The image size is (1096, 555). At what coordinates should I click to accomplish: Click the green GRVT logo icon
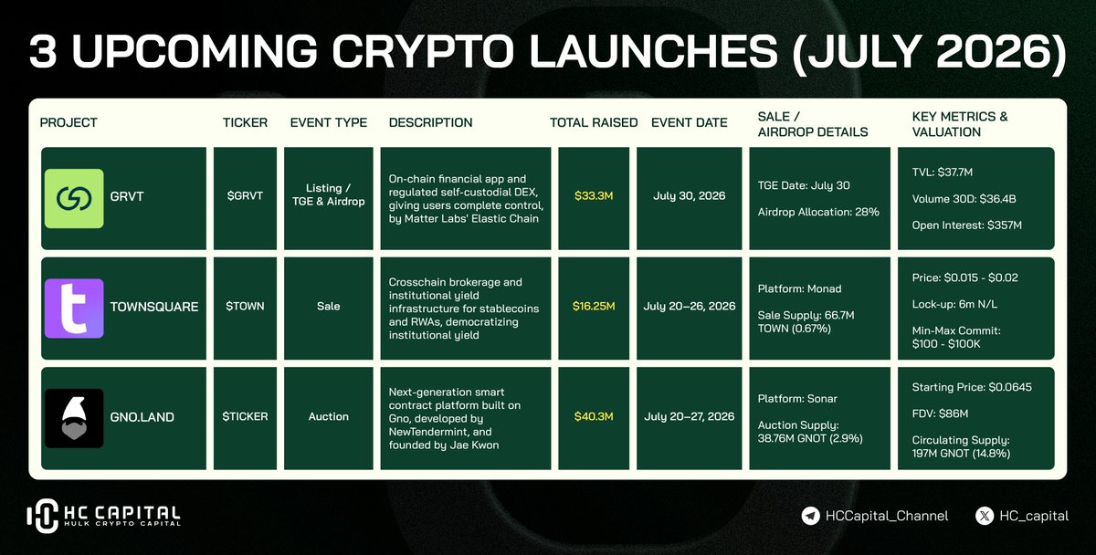click(74, 198)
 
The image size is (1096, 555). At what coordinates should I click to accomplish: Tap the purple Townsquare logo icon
click(74, 309)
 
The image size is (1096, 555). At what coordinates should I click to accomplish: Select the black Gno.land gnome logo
click(74, 419)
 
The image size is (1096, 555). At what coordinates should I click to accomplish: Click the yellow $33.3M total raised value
click(594, 196)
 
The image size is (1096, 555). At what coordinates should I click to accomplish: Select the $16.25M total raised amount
click(594, 306)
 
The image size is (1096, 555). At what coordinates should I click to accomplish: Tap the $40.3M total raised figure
click(594, 416)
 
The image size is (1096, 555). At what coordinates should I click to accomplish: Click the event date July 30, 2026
click(689, 196)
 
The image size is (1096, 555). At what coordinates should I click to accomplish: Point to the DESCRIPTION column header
click(430, 122)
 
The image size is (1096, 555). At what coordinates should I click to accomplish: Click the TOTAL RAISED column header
click(594, 122)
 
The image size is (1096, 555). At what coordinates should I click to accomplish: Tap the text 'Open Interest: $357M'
click(967, 225)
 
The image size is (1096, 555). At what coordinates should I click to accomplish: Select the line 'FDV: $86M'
click(940, 414)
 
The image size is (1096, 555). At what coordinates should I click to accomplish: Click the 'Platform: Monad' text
click(799, 289)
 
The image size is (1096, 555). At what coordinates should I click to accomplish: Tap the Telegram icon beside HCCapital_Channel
click(811, 516)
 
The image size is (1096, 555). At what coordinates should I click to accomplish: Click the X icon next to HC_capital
click(985, 516)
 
